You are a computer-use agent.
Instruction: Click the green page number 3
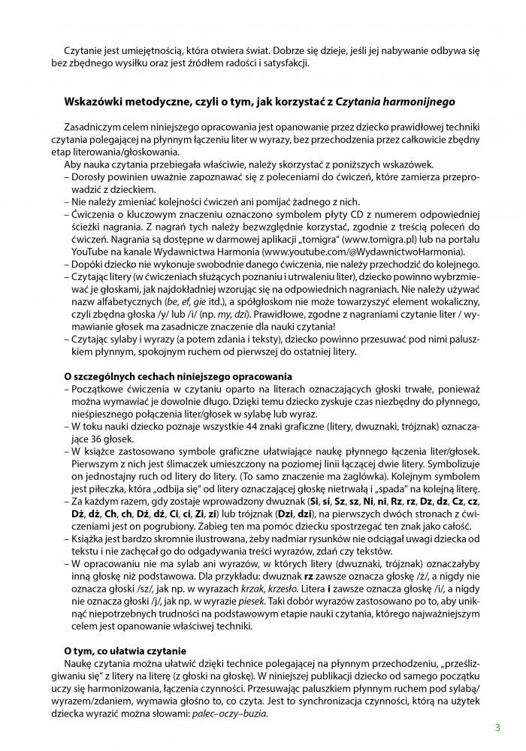tap(497, 728)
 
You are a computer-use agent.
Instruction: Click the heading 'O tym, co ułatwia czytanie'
tap(125, 650)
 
